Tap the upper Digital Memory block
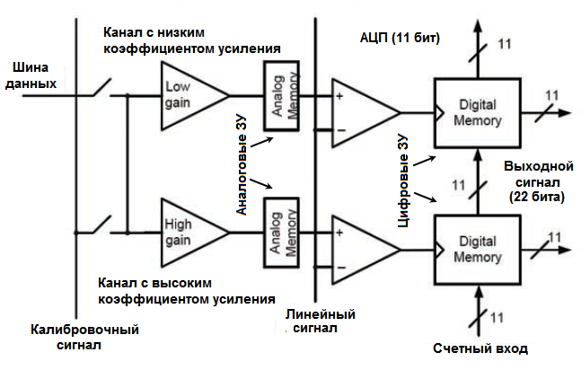(x=477, y=111)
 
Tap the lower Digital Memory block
(x=477, y=248)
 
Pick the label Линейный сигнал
(x=321, y=322)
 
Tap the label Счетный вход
(x=480, y=348)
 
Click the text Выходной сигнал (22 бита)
(x=534, y=182)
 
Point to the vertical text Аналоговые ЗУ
(x=242, y=162)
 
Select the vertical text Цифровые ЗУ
(x=404, y=184)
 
